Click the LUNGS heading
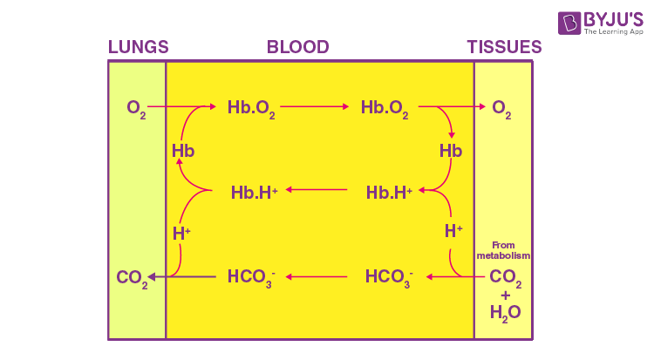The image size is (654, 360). point(138,47)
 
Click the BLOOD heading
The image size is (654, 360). point(298,47)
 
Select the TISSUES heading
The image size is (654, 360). point(504,47)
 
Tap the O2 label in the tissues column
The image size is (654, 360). point(501,108)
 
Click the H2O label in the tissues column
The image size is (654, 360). point(504,312)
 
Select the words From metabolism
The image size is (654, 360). point(504,251)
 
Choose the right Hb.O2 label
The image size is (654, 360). point(386,108)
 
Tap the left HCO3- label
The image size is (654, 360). point(252,278)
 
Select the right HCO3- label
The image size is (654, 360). point(389,278)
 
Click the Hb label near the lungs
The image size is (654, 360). point(183,151)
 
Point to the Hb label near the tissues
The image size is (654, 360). point(451,151)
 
